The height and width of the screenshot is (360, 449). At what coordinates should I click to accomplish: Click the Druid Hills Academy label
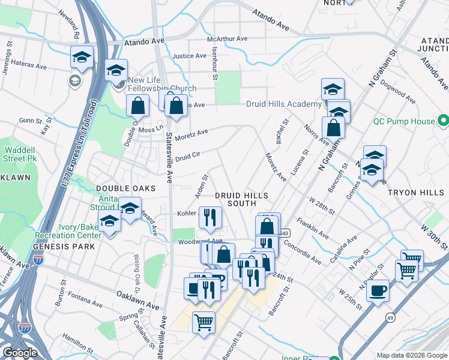pos(284,104)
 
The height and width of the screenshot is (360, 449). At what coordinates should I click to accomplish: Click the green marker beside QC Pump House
pos(443,121)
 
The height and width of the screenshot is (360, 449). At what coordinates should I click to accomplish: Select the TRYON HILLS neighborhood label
pos(414,193)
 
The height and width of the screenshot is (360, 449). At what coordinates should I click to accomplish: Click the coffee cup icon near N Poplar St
pos(378,291)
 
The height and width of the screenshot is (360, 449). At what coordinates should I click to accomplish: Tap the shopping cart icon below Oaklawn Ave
pos(203,322)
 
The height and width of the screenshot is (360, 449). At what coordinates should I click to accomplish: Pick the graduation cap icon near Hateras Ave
pos(82,57)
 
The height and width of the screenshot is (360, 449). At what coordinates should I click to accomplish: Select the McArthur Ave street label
pos(227,39)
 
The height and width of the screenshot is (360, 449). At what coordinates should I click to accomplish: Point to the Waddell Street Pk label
pos(19,154)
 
